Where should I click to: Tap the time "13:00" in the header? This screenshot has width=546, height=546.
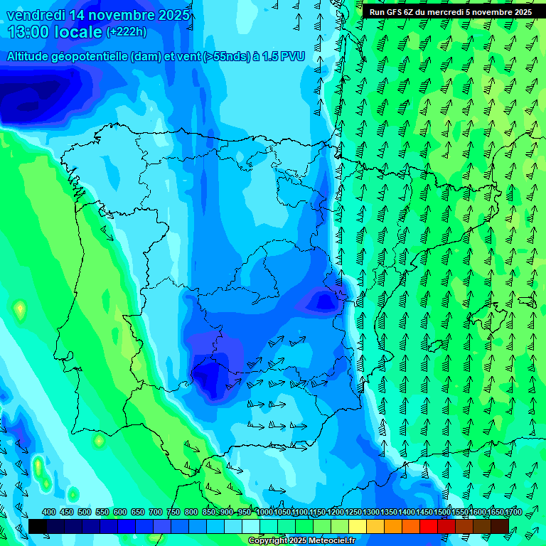pyautogui.click(x=28, y=32)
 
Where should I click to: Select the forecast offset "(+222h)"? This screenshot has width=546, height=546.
pyautogui.click(x=126, y=32)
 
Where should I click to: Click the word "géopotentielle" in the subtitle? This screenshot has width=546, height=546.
pyautogui.click(x=89, y=57)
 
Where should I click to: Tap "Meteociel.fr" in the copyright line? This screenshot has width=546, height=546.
pyautogui.click(x=326, y=541)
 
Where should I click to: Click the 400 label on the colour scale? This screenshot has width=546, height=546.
pyautogui.click(x=49, y=512)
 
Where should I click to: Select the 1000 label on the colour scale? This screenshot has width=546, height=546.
pyautogui.click(x=264, y=512)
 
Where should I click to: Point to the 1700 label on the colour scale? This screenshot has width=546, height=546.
pyautogui.click(x=514, y=512)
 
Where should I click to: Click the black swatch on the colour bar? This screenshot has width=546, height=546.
pyautogui.click(x=37, y=526)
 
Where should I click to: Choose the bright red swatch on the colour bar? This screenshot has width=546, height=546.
pyautogui.click(x=429, y=526)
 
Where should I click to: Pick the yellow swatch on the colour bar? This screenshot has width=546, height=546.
pyautogui.click(x=358, y=526)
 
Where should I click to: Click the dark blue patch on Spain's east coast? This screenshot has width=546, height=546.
pyautogui.click(x=324, y=302)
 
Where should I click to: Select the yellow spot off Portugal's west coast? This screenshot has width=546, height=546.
pyautogui.click(x=20, y=309)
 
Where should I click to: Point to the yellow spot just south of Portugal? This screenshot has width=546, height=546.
pyautogui.click(x=98, y=441)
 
